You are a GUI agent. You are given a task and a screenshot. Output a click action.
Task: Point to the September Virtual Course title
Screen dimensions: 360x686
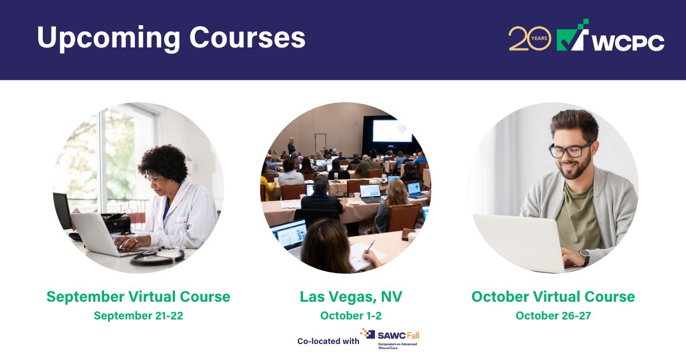pyautogui.click(x=138, y=297)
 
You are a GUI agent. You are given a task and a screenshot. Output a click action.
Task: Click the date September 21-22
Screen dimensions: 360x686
pyautogui.click(x=138, y=315)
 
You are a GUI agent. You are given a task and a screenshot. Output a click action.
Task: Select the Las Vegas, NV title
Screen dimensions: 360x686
pyautogui.click(x=351, y=297)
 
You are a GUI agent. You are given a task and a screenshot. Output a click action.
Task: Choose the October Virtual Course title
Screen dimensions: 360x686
pyautogui.click(x=553, y=297)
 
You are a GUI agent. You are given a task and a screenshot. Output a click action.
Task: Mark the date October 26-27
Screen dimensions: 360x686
pyautogui.click(x=553, y=315)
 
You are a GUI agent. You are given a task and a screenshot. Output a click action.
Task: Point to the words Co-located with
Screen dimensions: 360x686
pyautogui.click(x=328, y=341)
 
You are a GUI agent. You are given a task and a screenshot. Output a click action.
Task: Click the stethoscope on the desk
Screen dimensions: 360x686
pyautogui.click(x=157, y=257)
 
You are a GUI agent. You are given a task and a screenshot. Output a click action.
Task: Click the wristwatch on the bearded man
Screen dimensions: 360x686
pyautogui.click(x=584, y=258)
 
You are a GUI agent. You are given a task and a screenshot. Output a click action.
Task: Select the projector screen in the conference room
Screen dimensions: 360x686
pyautogui.click(x=392, y=130)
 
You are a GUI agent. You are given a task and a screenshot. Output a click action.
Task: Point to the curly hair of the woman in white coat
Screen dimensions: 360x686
pyautogui.click(x=163, y=163)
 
